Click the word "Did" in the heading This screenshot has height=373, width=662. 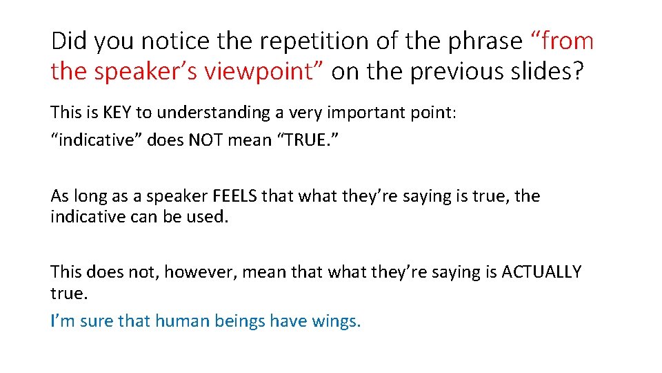tap(69, 41)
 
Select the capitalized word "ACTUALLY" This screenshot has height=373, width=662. tap(541, 272)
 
